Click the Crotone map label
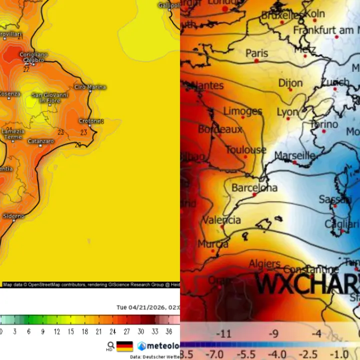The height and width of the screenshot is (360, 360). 90,121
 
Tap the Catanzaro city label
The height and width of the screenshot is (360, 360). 41,141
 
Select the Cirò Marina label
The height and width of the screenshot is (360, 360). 90,87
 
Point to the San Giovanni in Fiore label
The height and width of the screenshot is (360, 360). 50,97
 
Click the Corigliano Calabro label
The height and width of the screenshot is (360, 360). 33,57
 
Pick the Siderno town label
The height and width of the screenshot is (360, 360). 13,216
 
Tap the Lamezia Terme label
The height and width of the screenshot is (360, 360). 13,134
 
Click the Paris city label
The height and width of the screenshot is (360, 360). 256,53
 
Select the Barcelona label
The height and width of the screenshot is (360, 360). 254,188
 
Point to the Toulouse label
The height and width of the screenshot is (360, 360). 245,150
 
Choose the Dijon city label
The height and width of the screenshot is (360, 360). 290,83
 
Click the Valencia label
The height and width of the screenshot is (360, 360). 221,220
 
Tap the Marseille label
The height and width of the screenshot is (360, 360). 295,155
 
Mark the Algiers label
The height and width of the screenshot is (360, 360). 264,263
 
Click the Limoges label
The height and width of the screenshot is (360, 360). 242,111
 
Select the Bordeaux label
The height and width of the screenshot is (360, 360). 220,129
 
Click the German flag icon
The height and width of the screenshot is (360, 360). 124,346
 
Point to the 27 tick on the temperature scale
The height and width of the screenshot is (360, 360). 127,331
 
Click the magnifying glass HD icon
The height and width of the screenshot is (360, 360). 110,346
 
